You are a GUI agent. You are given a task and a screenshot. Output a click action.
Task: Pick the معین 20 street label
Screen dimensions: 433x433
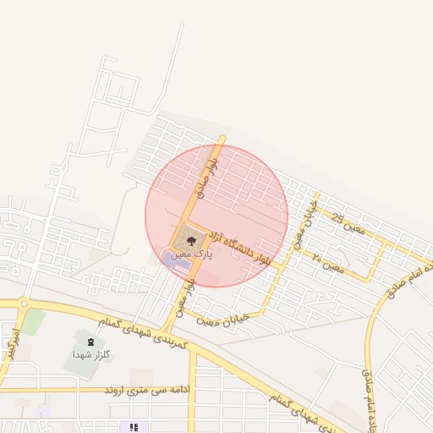click(327, 261)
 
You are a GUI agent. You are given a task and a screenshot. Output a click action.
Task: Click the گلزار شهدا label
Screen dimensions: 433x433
click(92, 354)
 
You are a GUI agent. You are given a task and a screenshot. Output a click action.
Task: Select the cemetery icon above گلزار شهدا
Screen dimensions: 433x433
click(90, 342)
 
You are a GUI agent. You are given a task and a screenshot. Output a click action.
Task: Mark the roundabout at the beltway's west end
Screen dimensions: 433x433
click(24, 304)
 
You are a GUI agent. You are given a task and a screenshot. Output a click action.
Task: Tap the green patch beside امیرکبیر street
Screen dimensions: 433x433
click(33, 322)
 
